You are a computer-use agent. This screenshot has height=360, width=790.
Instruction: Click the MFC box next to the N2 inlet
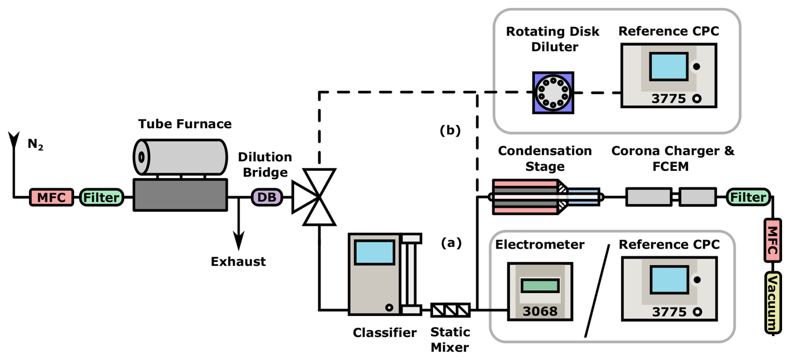tap(51, 197)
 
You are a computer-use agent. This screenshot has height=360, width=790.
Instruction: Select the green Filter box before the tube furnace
tap(101, 197)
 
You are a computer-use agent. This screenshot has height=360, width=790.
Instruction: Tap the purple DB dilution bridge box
tap(267, 197)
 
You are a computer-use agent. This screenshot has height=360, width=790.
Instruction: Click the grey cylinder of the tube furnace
tap(180, 157)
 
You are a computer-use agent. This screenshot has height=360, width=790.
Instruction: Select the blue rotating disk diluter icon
tap(553, 93)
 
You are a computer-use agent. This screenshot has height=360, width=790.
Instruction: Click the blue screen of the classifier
tap(375, 253)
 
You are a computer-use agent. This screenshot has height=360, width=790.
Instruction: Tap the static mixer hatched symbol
tap(450, 310)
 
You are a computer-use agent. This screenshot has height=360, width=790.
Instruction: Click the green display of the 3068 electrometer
tap(540, 286)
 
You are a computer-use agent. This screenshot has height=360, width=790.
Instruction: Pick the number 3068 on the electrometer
tap(540, 311)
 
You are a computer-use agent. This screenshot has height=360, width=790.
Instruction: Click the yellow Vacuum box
tap(772, 303)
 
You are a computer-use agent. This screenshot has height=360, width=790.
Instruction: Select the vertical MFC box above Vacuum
tap(772, 240)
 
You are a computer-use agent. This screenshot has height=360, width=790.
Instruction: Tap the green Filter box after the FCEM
tap(748, 197)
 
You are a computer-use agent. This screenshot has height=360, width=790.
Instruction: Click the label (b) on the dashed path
tap(450, 130)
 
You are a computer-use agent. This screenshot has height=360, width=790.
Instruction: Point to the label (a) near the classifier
tap(451, 243)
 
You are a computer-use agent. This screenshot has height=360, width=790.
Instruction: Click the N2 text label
tap(35, 145)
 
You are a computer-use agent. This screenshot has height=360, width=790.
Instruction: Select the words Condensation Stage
tap(544, 158)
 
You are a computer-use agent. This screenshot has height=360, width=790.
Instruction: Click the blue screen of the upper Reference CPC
tap(668, 66)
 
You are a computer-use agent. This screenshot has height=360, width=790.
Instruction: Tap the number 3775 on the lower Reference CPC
tap(669, 312)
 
